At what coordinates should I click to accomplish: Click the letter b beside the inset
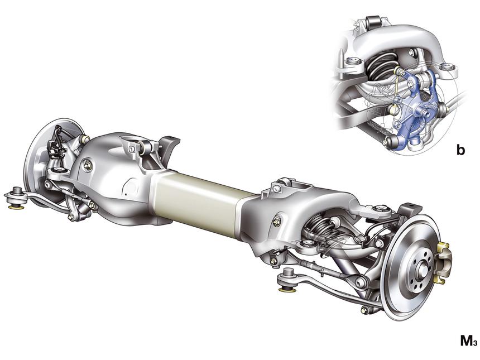pyautogui.click(x=460, y=150)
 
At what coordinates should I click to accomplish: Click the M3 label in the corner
pyautogui.click(x=469, y=340)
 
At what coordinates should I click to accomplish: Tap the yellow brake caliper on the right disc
pyautogui.click(x=444, y=261)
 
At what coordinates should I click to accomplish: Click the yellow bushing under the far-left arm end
pyautogui.click(x=17, y=208)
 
